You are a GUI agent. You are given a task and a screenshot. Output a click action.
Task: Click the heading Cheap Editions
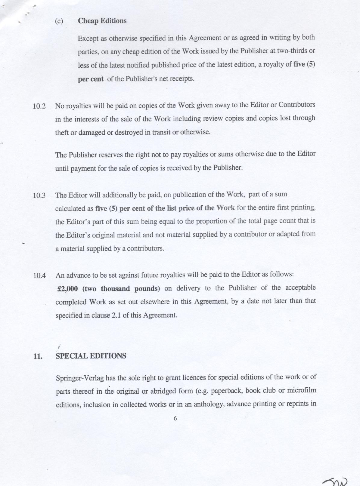[102, 21]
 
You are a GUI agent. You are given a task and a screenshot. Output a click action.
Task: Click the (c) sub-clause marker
[59, 21]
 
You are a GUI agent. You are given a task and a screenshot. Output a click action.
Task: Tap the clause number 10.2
[39, 106]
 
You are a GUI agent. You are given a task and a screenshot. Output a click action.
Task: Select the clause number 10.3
[39, 195]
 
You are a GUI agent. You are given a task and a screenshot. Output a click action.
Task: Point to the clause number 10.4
[39, 275]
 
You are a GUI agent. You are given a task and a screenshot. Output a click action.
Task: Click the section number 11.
[38, 356]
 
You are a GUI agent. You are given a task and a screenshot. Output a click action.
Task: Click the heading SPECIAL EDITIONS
[91, 356]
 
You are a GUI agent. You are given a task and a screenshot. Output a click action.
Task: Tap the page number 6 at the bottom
[175, 418]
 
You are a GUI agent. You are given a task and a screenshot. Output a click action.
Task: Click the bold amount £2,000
[67, 289]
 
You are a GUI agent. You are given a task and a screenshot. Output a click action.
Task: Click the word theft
[62, 132]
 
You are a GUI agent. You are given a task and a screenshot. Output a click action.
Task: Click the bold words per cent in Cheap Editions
[91, 79]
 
